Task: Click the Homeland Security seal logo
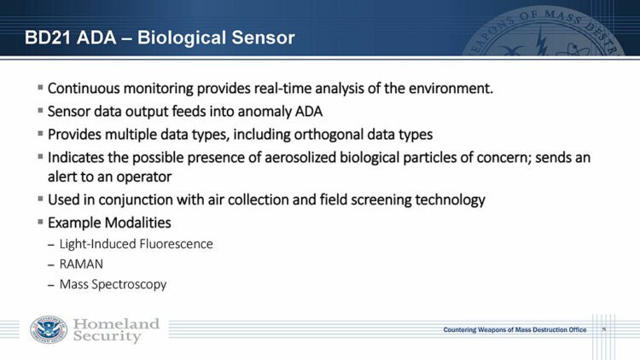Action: tap(48, 330)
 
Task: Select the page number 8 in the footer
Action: tap(603, 329)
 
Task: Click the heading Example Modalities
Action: tap(109, 223)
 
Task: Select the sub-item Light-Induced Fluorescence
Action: tap(136, 244)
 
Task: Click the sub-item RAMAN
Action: tap(81, 264)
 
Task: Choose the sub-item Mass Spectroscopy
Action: tap(113, 284)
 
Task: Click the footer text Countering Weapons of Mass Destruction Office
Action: tap(515, 330)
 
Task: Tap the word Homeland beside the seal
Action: tap(116, 324)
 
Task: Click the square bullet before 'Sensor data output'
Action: tap(40, 112)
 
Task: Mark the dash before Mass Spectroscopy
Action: tap(49, 285)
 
